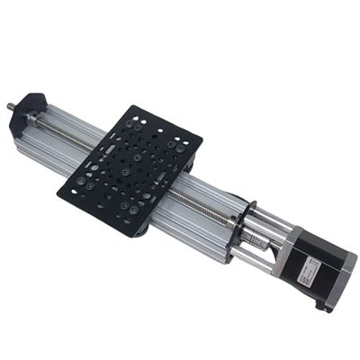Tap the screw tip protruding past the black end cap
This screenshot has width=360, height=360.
(12, 105)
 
